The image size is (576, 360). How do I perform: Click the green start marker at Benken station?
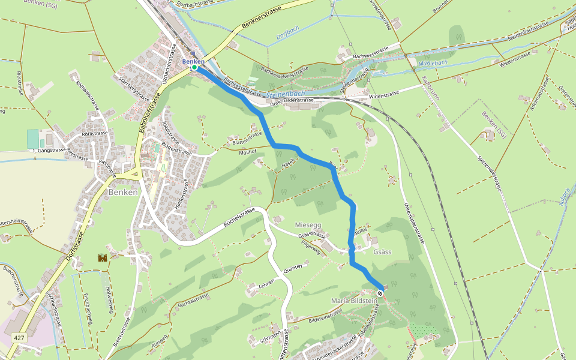(194, 67)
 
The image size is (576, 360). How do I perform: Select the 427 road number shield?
(19, 338)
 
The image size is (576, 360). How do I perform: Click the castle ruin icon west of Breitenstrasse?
(101, 257)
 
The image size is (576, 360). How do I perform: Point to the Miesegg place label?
(308, 225)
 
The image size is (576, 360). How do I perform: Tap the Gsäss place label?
(382, 251)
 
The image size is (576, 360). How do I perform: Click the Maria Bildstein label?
(354, 300)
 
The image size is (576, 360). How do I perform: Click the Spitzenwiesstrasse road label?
(490, 172)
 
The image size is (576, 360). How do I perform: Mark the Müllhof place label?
(248, 152)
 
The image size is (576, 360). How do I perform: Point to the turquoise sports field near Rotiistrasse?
(32, 139)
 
